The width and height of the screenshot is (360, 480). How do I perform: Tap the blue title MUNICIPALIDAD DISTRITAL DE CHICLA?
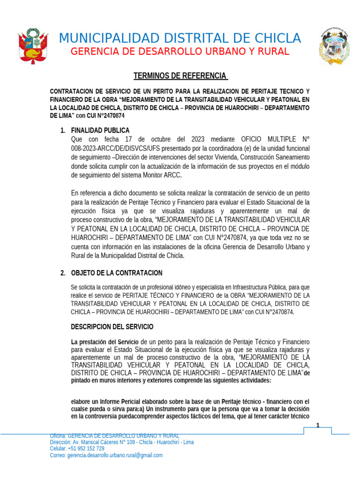click(180, 38)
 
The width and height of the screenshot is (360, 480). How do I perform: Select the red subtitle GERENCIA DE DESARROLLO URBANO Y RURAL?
click(180, 52)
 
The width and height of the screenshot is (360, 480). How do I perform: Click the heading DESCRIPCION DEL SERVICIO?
click(112, 327)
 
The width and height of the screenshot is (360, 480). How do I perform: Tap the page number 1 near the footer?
click(318, 426)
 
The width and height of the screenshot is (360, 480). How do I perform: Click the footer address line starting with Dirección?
click(122, 442)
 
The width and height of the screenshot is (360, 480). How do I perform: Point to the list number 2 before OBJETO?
click(63, 273)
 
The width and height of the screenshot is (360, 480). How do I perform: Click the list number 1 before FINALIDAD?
click(63, 130)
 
